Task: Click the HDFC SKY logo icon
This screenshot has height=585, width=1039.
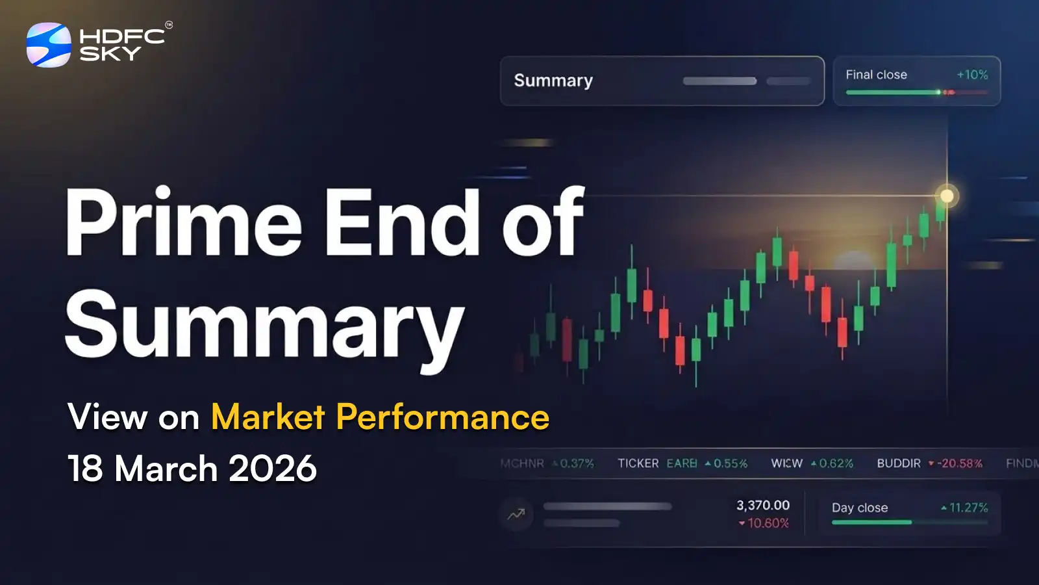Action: coord(49,45)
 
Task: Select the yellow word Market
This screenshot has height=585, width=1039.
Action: coord(268,417)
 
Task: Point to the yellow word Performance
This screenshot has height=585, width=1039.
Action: coord(443,417)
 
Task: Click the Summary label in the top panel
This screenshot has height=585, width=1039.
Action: coord(553,81)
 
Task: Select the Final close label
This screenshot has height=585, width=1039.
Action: coord(876,75)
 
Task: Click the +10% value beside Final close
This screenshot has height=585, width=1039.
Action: coord(972,75)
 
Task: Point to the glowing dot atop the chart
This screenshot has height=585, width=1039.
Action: coord(947,196)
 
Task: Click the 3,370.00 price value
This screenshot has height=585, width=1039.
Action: coord(763,505)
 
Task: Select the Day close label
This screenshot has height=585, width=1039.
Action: coord(860,508)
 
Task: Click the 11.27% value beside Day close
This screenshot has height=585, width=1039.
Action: coord(968,508)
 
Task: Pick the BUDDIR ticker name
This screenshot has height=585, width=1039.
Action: coord(899,463)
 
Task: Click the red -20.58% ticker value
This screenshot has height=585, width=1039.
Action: coord(959,463)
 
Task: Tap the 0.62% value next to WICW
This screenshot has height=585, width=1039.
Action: coord(836,463)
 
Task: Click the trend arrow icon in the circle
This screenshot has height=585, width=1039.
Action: coord(516,515)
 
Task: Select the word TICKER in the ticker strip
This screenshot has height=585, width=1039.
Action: coord(638,463)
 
